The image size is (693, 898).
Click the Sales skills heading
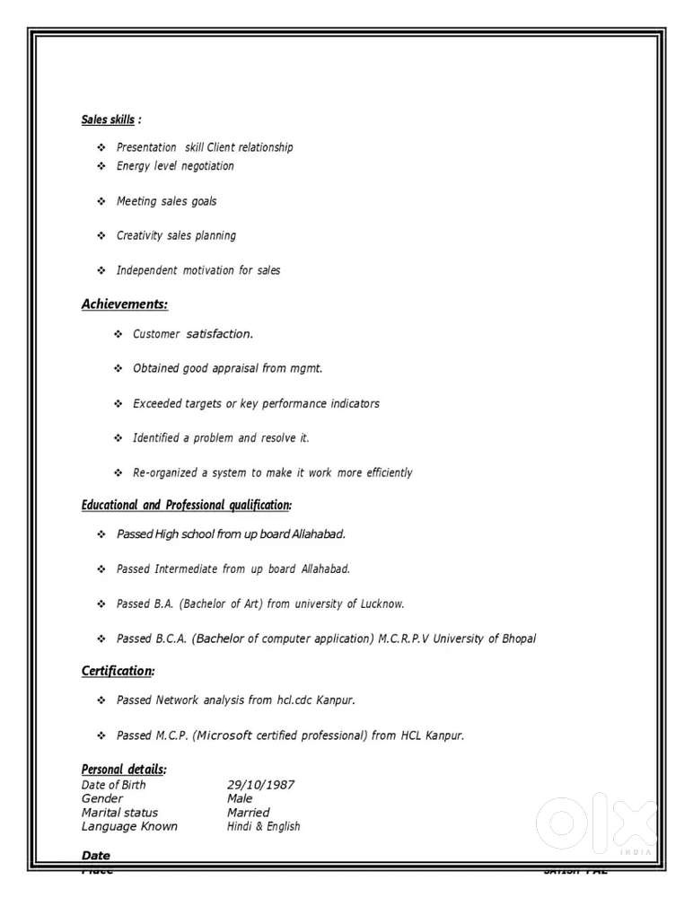tap(109, 119)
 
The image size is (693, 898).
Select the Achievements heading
tap(125, 304)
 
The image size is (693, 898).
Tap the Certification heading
tap(118, 671)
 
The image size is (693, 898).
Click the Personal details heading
tap(124, 770)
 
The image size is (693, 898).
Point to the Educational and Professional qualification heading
tap(186, 506)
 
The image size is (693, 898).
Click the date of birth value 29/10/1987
tap(260, 785)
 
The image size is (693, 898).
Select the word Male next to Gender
tap(240, 798)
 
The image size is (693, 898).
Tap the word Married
tap(248, 813)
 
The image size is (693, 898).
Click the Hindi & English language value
tap(263, 826)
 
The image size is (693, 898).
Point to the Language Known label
tap(129, 826)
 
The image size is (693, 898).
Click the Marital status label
tap(119, 813)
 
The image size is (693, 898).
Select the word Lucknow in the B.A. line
tap(382, 604)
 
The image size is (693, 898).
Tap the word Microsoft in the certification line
tap(224, 735)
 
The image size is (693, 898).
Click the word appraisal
tap(234, 368)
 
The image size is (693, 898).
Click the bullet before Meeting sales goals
tap(101, 201)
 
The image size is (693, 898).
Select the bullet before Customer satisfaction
tap(118, 334)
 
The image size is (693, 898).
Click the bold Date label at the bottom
tap(96, 856)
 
